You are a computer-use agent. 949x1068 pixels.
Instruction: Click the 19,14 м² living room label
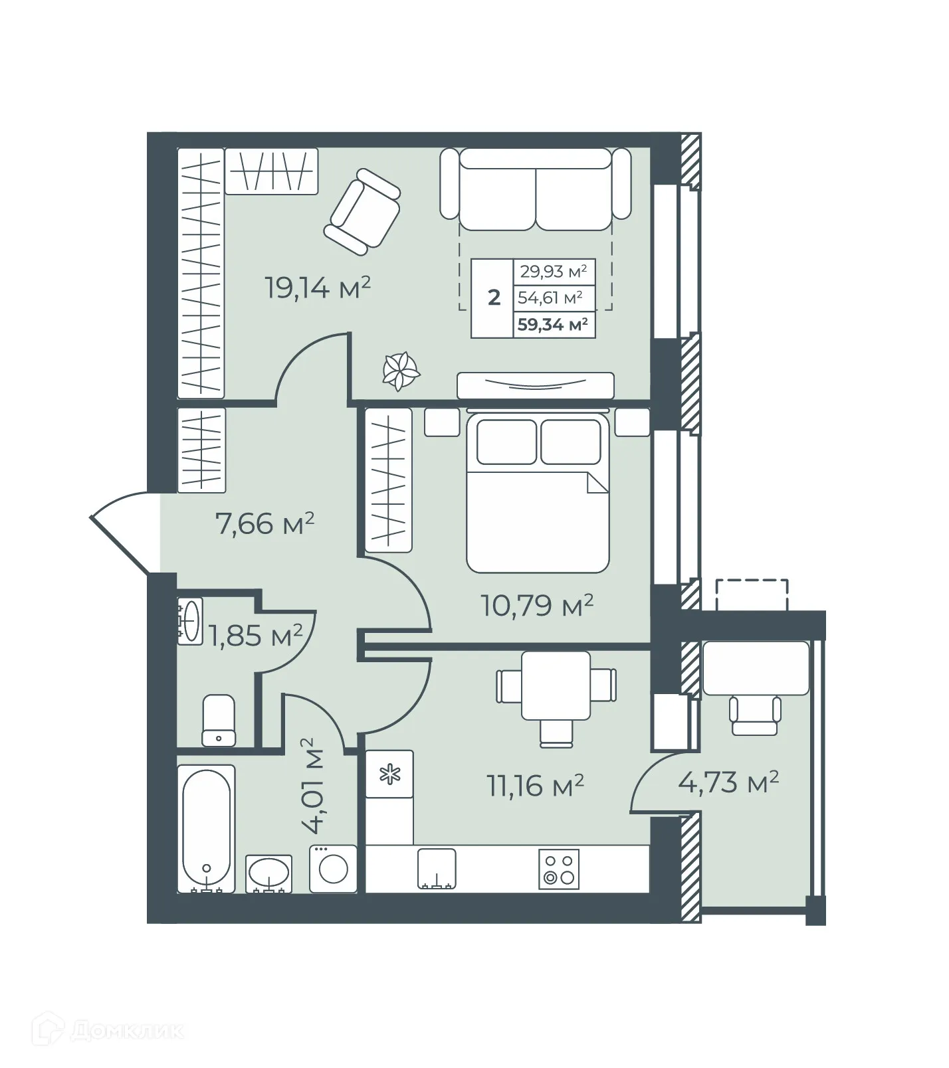[x=318, y=288]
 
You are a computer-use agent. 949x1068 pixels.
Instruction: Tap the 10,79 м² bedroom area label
[x=537, y=605]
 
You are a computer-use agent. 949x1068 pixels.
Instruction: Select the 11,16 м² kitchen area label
[x=536, y=786]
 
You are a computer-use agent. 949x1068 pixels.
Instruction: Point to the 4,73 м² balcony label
[x=728, y=782]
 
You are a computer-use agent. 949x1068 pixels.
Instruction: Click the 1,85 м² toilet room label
[x=256, y=636]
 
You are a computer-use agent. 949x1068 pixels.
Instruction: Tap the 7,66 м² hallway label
[x=264, y=523]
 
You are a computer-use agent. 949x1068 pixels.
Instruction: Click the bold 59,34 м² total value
[x=553, y=325]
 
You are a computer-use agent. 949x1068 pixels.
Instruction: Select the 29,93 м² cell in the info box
[x=553, y=271]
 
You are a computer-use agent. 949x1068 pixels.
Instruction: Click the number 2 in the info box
[x=493, y=298]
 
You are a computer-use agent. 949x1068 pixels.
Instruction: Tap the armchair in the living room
[x=362, y=212]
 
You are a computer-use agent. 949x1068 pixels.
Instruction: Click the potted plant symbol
[x=401, y=371]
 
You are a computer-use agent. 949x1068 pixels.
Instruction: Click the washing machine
[x=333, y=869]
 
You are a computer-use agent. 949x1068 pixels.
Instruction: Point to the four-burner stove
[x=558, y=869]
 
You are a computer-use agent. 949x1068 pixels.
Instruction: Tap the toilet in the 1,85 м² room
[x=219, y=721]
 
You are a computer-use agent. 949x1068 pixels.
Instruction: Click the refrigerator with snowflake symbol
[x=389, y=774]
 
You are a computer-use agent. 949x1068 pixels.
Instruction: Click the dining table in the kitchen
[x=556, y=685]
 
